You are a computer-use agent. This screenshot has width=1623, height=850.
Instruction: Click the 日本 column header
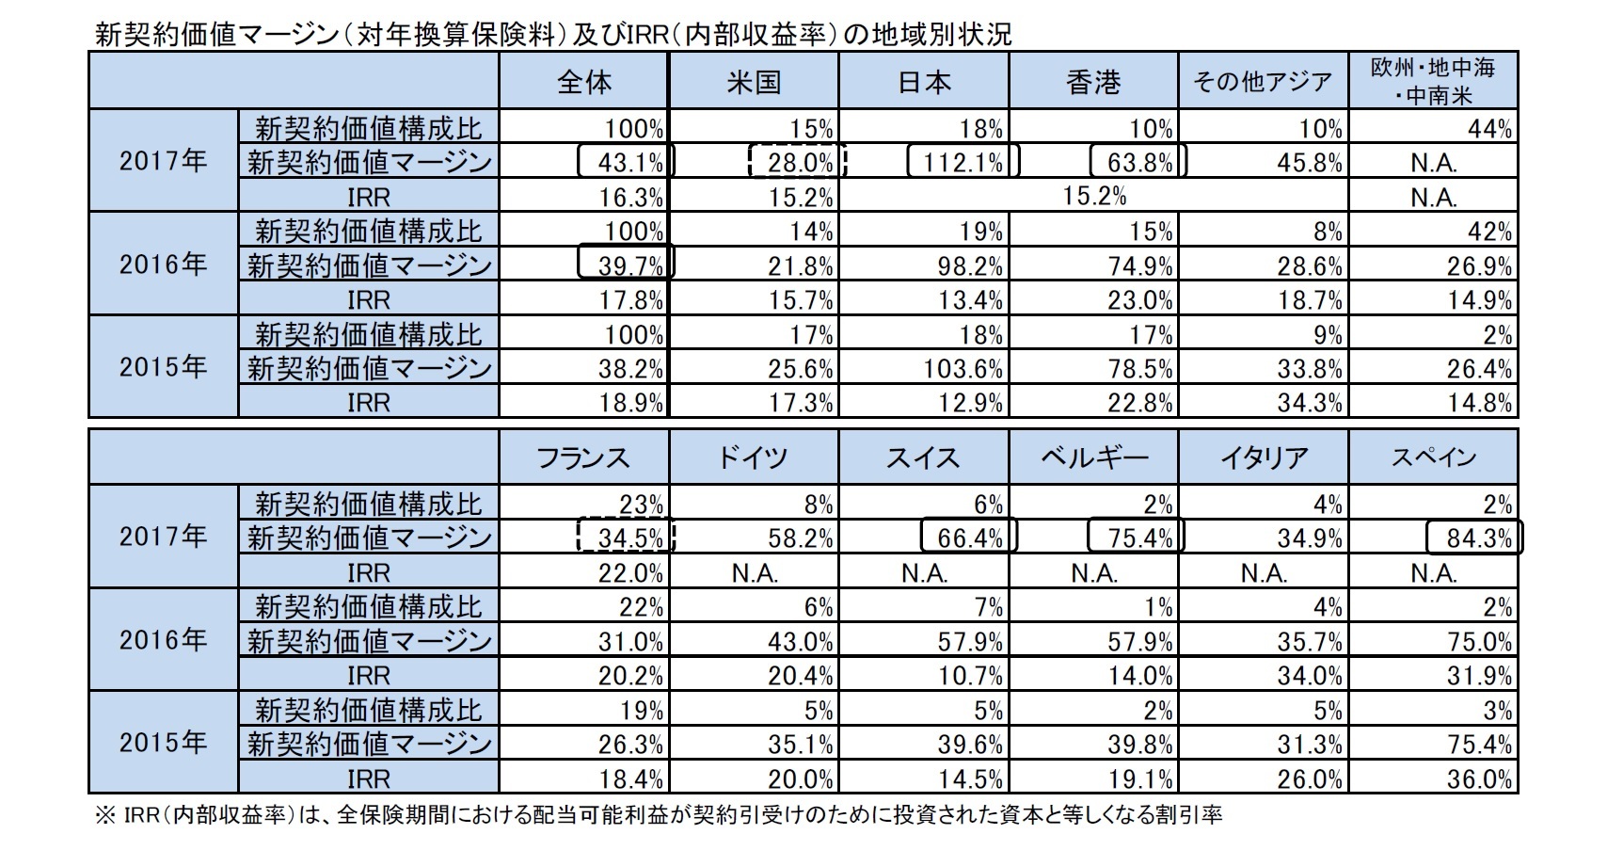924,82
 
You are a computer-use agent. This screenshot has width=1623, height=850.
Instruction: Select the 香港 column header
1093,82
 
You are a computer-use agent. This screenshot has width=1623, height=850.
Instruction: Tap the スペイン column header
1433,457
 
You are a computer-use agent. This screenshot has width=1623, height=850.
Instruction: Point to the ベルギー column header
1093,457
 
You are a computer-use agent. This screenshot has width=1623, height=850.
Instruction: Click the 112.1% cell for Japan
960,162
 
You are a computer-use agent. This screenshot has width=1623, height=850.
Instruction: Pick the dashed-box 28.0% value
798,162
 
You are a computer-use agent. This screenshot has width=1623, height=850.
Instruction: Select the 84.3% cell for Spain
1473,537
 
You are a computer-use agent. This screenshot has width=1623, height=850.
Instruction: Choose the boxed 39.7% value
627,265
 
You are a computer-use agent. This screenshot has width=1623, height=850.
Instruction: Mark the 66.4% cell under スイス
969,537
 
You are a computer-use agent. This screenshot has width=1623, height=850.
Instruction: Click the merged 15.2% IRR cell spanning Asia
1093,196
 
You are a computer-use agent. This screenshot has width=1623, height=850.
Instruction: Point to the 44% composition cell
1490,128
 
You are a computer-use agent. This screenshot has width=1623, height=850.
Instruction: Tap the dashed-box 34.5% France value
627,537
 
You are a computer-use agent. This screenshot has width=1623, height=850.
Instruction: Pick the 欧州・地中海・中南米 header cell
1433,82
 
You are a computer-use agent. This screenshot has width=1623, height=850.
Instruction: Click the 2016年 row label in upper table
163,264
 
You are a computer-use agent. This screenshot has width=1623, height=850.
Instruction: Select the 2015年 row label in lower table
163,743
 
